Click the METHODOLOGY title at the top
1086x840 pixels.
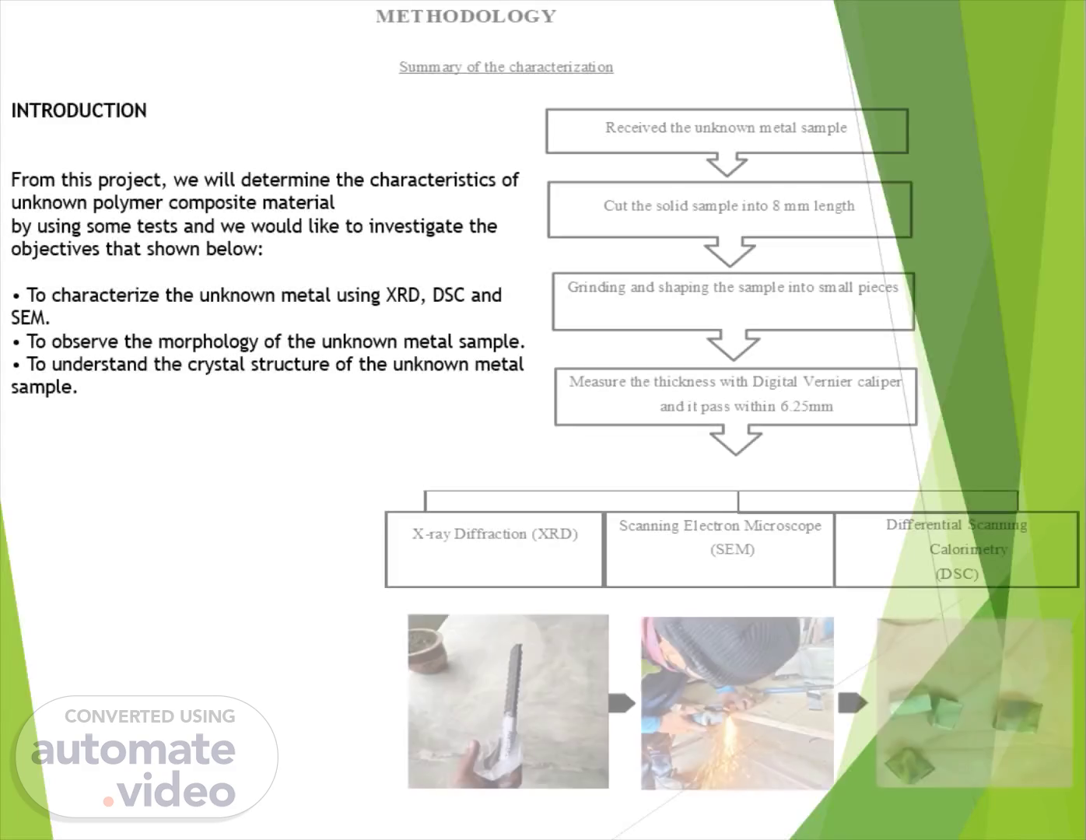point(466,16)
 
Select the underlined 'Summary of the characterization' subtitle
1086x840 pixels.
point(506,67)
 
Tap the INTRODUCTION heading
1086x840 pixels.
point(79,110)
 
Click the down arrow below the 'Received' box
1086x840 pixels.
point(727,164)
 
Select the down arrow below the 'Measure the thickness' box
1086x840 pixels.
point(736,439)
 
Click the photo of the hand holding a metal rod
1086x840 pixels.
point(508,701)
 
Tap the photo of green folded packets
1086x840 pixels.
point(975,703)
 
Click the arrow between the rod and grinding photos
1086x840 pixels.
point(622,703)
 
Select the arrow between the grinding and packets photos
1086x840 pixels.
point(852,702)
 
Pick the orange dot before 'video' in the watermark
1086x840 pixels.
point(108,802)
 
